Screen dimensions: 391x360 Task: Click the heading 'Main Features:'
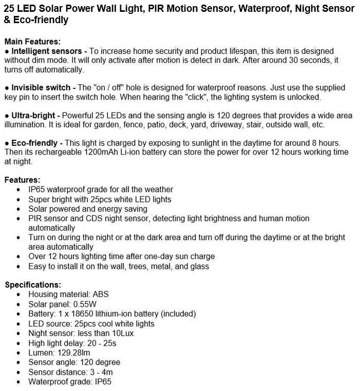32,42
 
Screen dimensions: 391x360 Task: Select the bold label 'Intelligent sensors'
47,51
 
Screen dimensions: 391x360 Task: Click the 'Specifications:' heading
33,285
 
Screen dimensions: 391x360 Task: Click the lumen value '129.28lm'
73,353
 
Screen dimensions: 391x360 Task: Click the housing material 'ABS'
101,294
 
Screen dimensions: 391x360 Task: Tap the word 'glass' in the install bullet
199,266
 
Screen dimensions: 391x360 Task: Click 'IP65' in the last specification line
102,382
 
